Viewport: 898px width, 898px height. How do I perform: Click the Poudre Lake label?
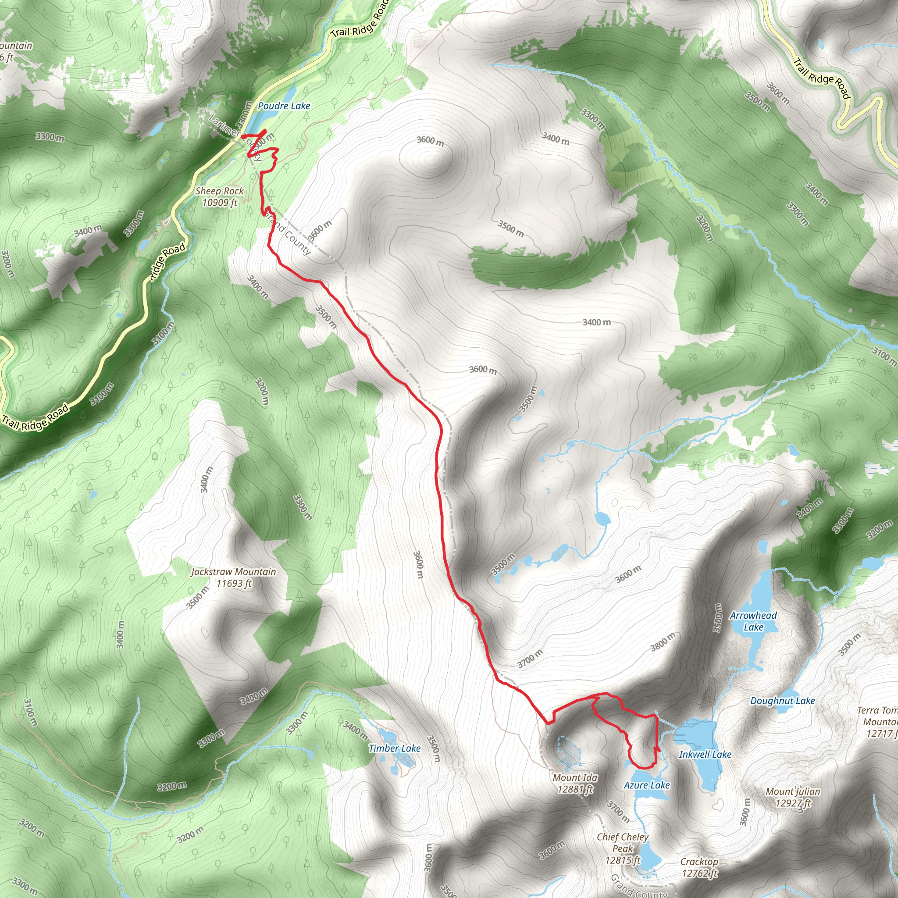pos(284,106)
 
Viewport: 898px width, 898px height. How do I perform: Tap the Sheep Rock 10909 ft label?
pos(219,196)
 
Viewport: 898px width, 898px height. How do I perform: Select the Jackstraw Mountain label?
pos(233,577)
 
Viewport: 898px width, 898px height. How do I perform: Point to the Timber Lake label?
pos(394,748)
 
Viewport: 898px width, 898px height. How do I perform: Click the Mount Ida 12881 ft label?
pos(575,783)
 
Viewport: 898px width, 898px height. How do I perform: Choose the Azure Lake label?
pos(647,785)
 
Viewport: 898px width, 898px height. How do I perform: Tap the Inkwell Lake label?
pos(705,754)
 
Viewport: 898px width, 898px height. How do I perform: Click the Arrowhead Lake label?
pos(753,621)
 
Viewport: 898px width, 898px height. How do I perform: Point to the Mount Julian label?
pos(793,797)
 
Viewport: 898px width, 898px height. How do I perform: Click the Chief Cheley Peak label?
pos(622,849)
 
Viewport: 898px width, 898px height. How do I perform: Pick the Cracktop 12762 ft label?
pos(699,867)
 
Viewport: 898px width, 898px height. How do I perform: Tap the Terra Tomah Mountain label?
pos(877,722)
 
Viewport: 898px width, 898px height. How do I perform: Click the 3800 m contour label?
pos(663,642)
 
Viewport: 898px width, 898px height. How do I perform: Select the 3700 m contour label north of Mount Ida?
pos(530,659)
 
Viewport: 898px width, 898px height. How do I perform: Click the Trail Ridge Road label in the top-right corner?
pos(821,78)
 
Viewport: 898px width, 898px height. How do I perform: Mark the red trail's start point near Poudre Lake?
pos(242,136)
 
